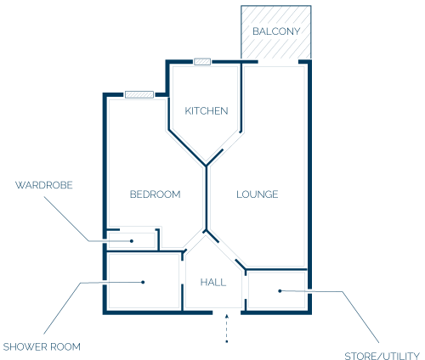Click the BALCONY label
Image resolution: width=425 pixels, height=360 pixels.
point(276,31)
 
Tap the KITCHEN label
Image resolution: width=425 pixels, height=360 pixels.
point(207,110)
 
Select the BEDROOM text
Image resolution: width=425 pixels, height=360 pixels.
point(155,194)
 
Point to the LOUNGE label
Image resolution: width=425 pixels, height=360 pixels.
point(258,194)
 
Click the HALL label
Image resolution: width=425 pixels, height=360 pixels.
point(213,282)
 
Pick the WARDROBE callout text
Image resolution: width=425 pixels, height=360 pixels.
point(44,185)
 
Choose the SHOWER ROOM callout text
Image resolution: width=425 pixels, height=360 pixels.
point(42,346)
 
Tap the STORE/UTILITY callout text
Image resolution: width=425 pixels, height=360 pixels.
point(382,356)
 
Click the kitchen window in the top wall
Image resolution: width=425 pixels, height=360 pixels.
point(202,62)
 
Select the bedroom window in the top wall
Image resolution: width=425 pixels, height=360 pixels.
point(139,94)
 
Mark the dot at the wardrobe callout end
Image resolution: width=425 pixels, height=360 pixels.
point(132,241)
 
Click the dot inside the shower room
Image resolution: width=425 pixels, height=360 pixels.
point(143,282)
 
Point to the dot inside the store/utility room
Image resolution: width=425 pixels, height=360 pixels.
point(280,291)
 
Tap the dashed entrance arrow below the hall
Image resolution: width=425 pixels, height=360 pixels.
point(227,329)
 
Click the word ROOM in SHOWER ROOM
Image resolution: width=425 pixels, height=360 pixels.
point(67,346)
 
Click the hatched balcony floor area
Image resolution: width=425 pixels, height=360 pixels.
point(276,32)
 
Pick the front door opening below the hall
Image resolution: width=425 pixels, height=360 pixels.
point(227,312)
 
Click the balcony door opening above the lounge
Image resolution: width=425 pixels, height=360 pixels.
point(278,62)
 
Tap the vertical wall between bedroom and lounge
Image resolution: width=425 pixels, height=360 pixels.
point(207,197)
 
